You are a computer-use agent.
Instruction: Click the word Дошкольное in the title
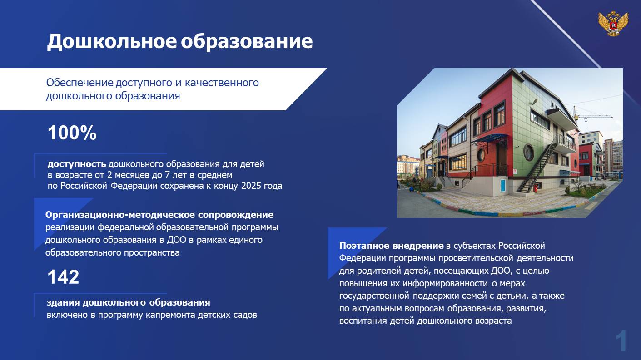point(112,41)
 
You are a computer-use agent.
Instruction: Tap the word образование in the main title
point(247,41)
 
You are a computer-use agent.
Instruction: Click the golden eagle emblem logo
point(613,24)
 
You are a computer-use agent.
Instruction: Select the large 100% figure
point(72,133)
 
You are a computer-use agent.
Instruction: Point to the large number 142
point(63,277)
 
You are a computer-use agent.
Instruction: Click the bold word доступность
point(77,164)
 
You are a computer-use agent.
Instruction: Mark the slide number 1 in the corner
point(621,341)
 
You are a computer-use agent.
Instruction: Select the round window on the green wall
point(528,153)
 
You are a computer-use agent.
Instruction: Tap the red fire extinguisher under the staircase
point(535,188)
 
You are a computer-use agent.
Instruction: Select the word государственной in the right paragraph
point(374,296)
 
